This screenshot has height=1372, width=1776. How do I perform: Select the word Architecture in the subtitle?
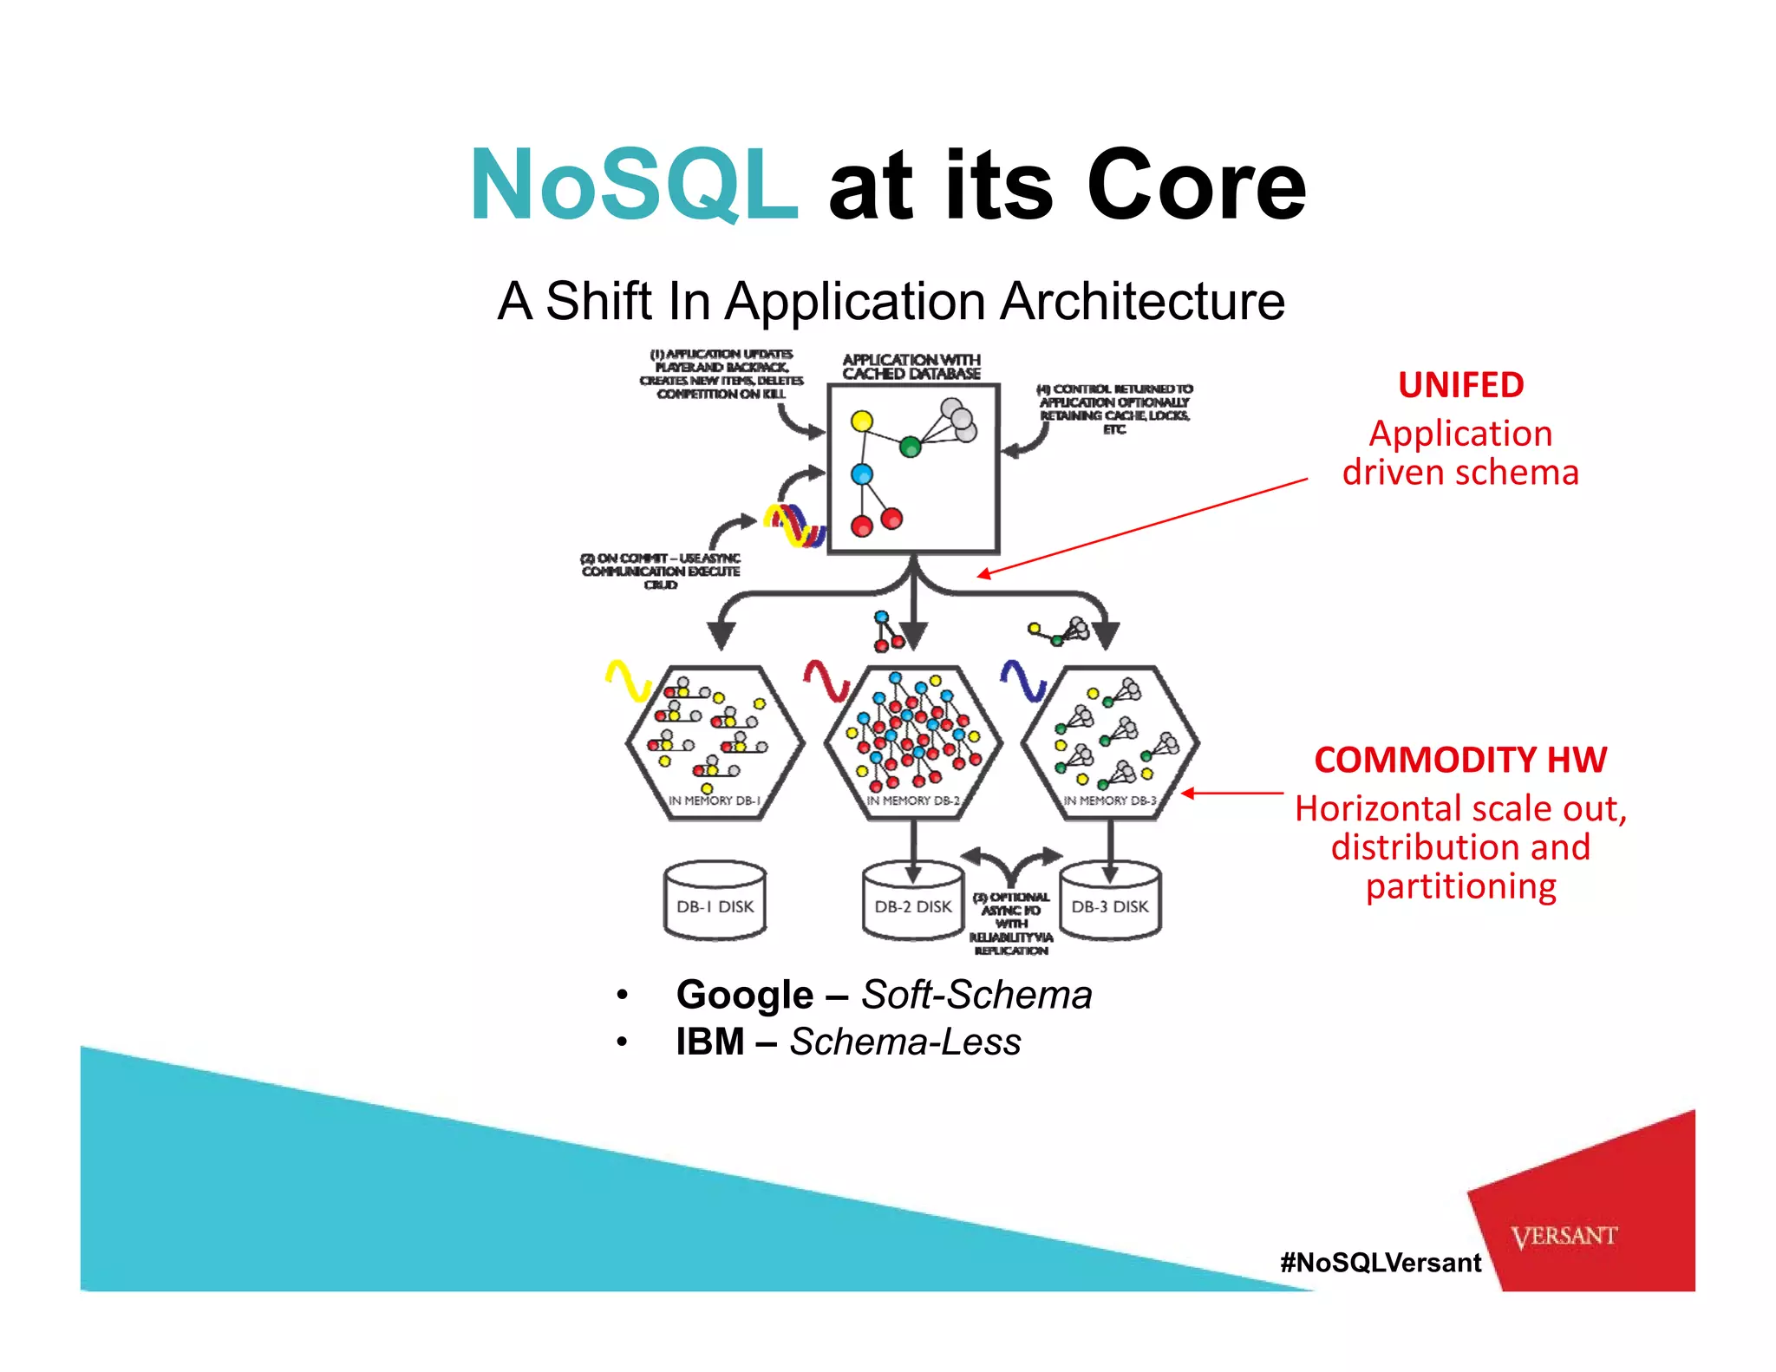coord(1142,301)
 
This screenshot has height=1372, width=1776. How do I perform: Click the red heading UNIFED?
coord(1460,384)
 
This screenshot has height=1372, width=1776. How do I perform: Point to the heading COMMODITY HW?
coord(1460,760)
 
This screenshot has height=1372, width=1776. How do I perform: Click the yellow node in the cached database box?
coord(861,421)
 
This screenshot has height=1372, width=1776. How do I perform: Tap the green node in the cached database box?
coord(910,448)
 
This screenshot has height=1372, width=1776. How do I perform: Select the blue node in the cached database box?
coord(861,474)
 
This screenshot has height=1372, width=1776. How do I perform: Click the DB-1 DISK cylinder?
coord(715,902)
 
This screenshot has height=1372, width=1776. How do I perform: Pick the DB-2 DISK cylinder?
coord(912,902)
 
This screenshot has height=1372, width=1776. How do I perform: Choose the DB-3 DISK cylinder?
coord(1110,902)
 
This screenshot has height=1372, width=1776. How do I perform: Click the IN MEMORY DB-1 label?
coord(715,800)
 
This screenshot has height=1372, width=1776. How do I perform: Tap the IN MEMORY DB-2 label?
coord(913,800)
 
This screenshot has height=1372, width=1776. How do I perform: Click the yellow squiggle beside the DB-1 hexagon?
coord(628,680)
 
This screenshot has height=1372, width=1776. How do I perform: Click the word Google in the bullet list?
coord(744,995)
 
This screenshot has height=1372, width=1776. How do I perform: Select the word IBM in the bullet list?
coord(709,1042)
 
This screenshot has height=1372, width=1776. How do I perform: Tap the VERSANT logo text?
coord(1564,1236)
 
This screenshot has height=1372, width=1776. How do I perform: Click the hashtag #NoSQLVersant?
coord(1381,1263)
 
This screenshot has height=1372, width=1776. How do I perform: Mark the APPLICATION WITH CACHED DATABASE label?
coord(911,367)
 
